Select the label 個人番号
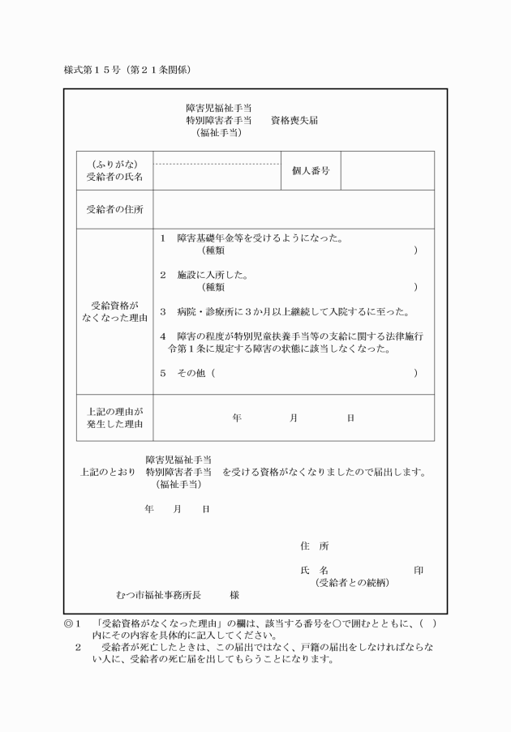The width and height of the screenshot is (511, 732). (310, 171)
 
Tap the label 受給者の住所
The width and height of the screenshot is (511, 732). (114, 210)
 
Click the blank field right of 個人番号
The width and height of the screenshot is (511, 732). (387, 170)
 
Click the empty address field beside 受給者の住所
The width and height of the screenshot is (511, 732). (294, 210)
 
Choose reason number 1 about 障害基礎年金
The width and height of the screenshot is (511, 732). (163, 239)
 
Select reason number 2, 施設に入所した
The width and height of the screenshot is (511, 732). (163, 275)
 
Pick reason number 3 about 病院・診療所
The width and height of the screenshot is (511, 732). (163, 311)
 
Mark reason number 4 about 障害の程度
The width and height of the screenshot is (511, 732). (163, 336)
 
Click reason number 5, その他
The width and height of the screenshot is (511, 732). (163, 373)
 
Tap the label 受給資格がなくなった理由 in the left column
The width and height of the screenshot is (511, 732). (114, 312)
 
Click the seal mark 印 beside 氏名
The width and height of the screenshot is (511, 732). (418, 571)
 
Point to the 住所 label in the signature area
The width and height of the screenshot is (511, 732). (314, 546)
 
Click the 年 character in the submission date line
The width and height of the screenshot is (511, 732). (148, 509)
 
